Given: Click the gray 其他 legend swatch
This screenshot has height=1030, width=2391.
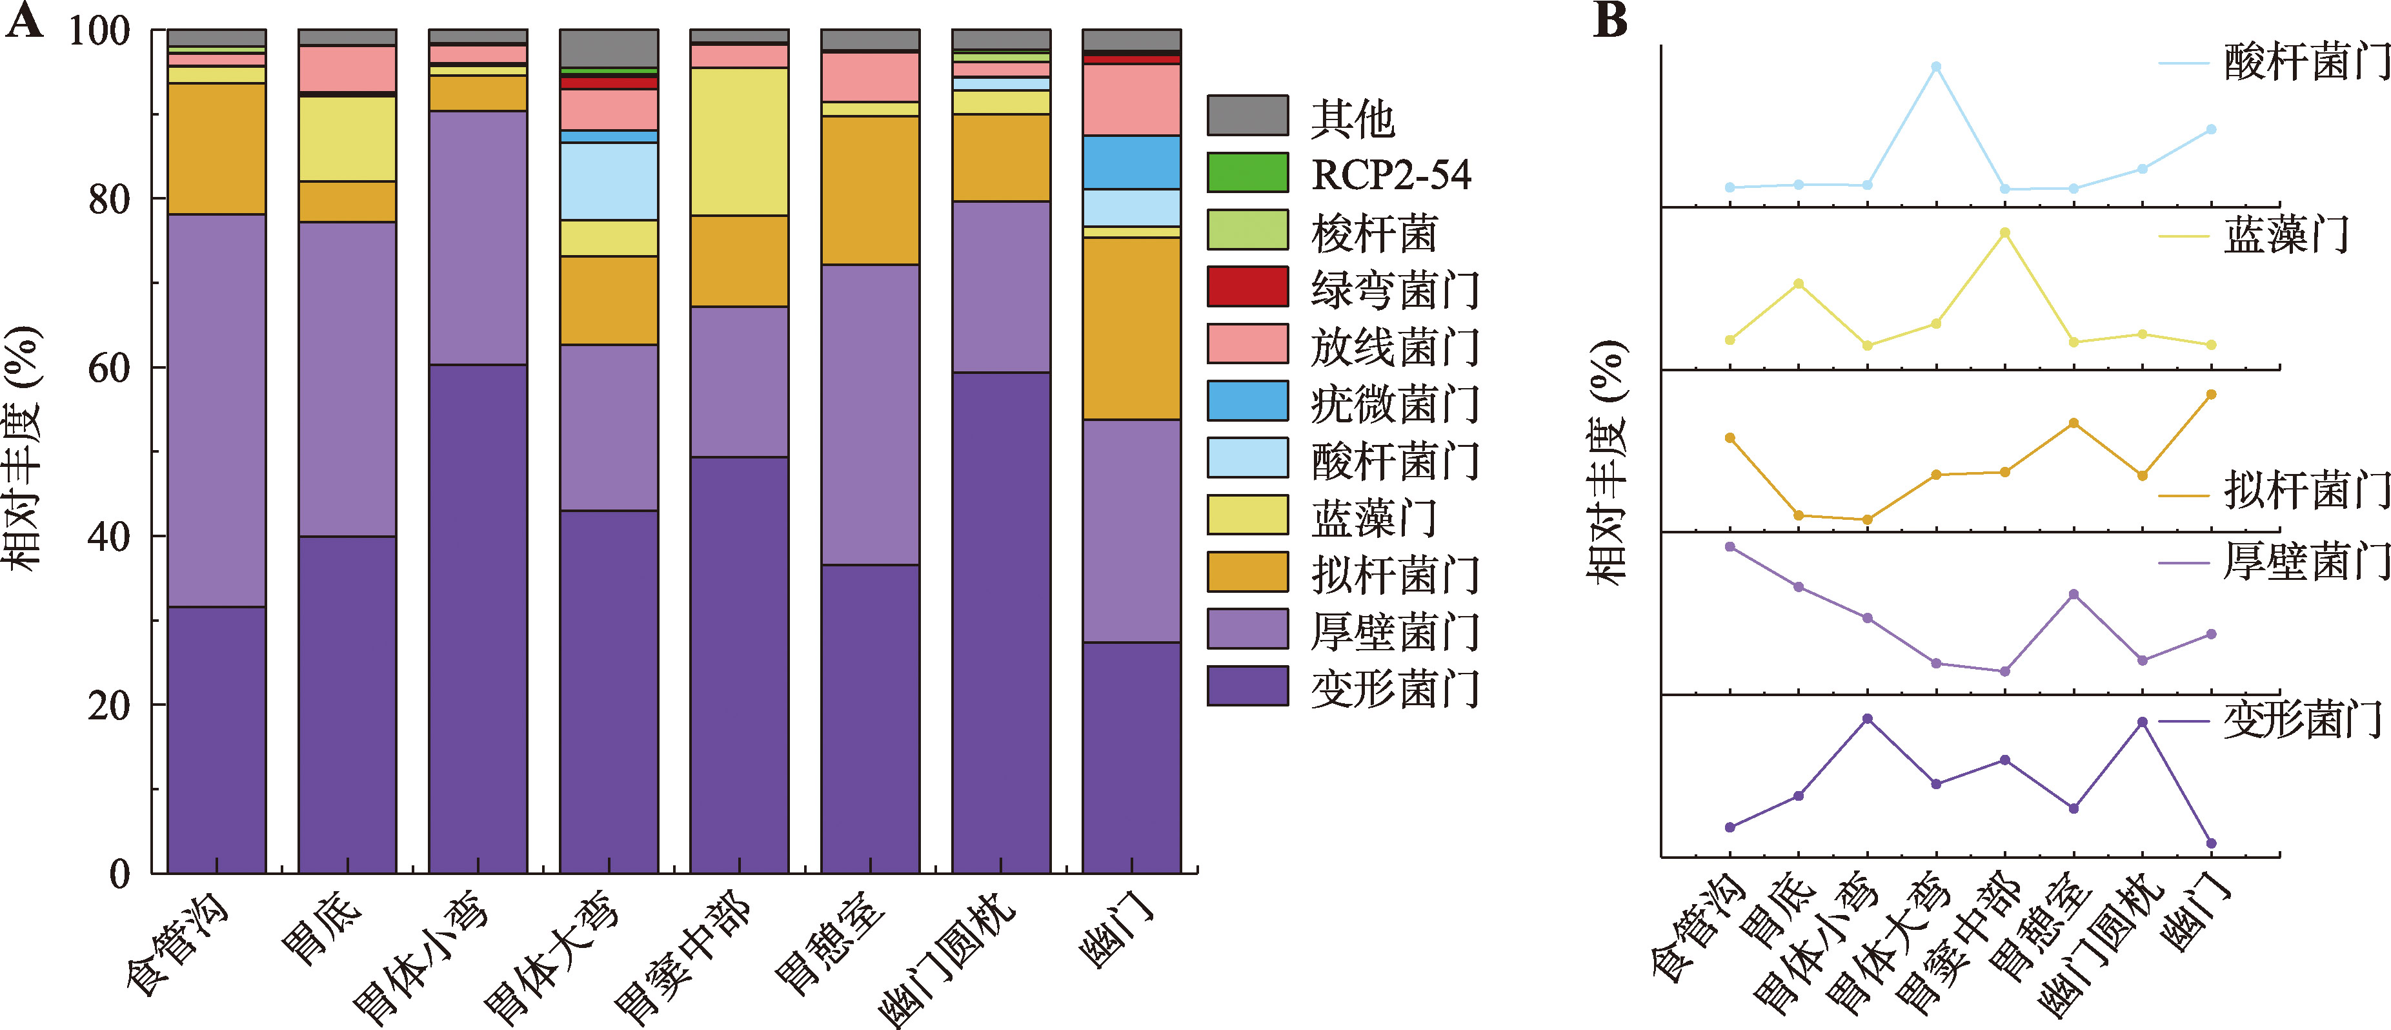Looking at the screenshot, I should pyautogui.click(x=1247, y=116).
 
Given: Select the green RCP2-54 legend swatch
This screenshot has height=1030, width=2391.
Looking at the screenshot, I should pyautogui.click(x=1247, y=173).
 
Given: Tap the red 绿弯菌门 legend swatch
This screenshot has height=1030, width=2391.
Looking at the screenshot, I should pyautogui.click(x=1247, y=286).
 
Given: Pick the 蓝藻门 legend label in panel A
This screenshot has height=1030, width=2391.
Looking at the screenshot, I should pyautogui.click(x=1374, y=517).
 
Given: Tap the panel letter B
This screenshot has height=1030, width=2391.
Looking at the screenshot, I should pyautogui.click(x=1610, y=21).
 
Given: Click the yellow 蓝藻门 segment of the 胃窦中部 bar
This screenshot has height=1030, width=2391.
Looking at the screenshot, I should pyautogui.click(x=739, y=141).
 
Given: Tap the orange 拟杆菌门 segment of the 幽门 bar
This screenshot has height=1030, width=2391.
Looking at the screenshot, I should pyautogui.click(x=1131, y=329).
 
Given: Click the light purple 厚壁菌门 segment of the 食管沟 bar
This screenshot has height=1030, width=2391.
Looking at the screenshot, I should pyautogui.click(x=216, y=411).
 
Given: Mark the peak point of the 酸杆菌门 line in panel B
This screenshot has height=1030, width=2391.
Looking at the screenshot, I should pyautogui.click(x=1936, y=67).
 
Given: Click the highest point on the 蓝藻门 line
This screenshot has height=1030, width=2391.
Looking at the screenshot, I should pyautogui.click(x=2005, y=233).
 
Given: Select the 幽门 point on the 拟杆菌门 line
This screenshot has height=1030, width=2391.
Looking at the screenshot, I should pyautogui.click(x=2211, y=395).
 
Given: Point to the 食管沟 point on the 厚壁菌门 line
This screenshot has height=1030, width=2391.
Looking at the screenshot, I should pyautogui.click(x=1730, y=547).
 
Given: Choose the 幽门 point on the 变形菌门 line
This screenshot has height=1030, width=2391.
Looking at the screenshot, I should pyautogui.click(x=2211, y=843).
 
